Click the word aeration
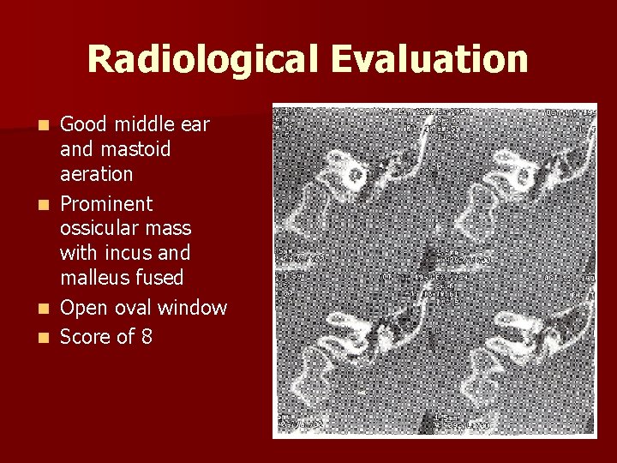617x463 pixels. pos(96,174)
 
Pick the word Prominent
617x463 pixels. pos(106,204)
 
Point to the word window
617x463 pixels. pos(194,308)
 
